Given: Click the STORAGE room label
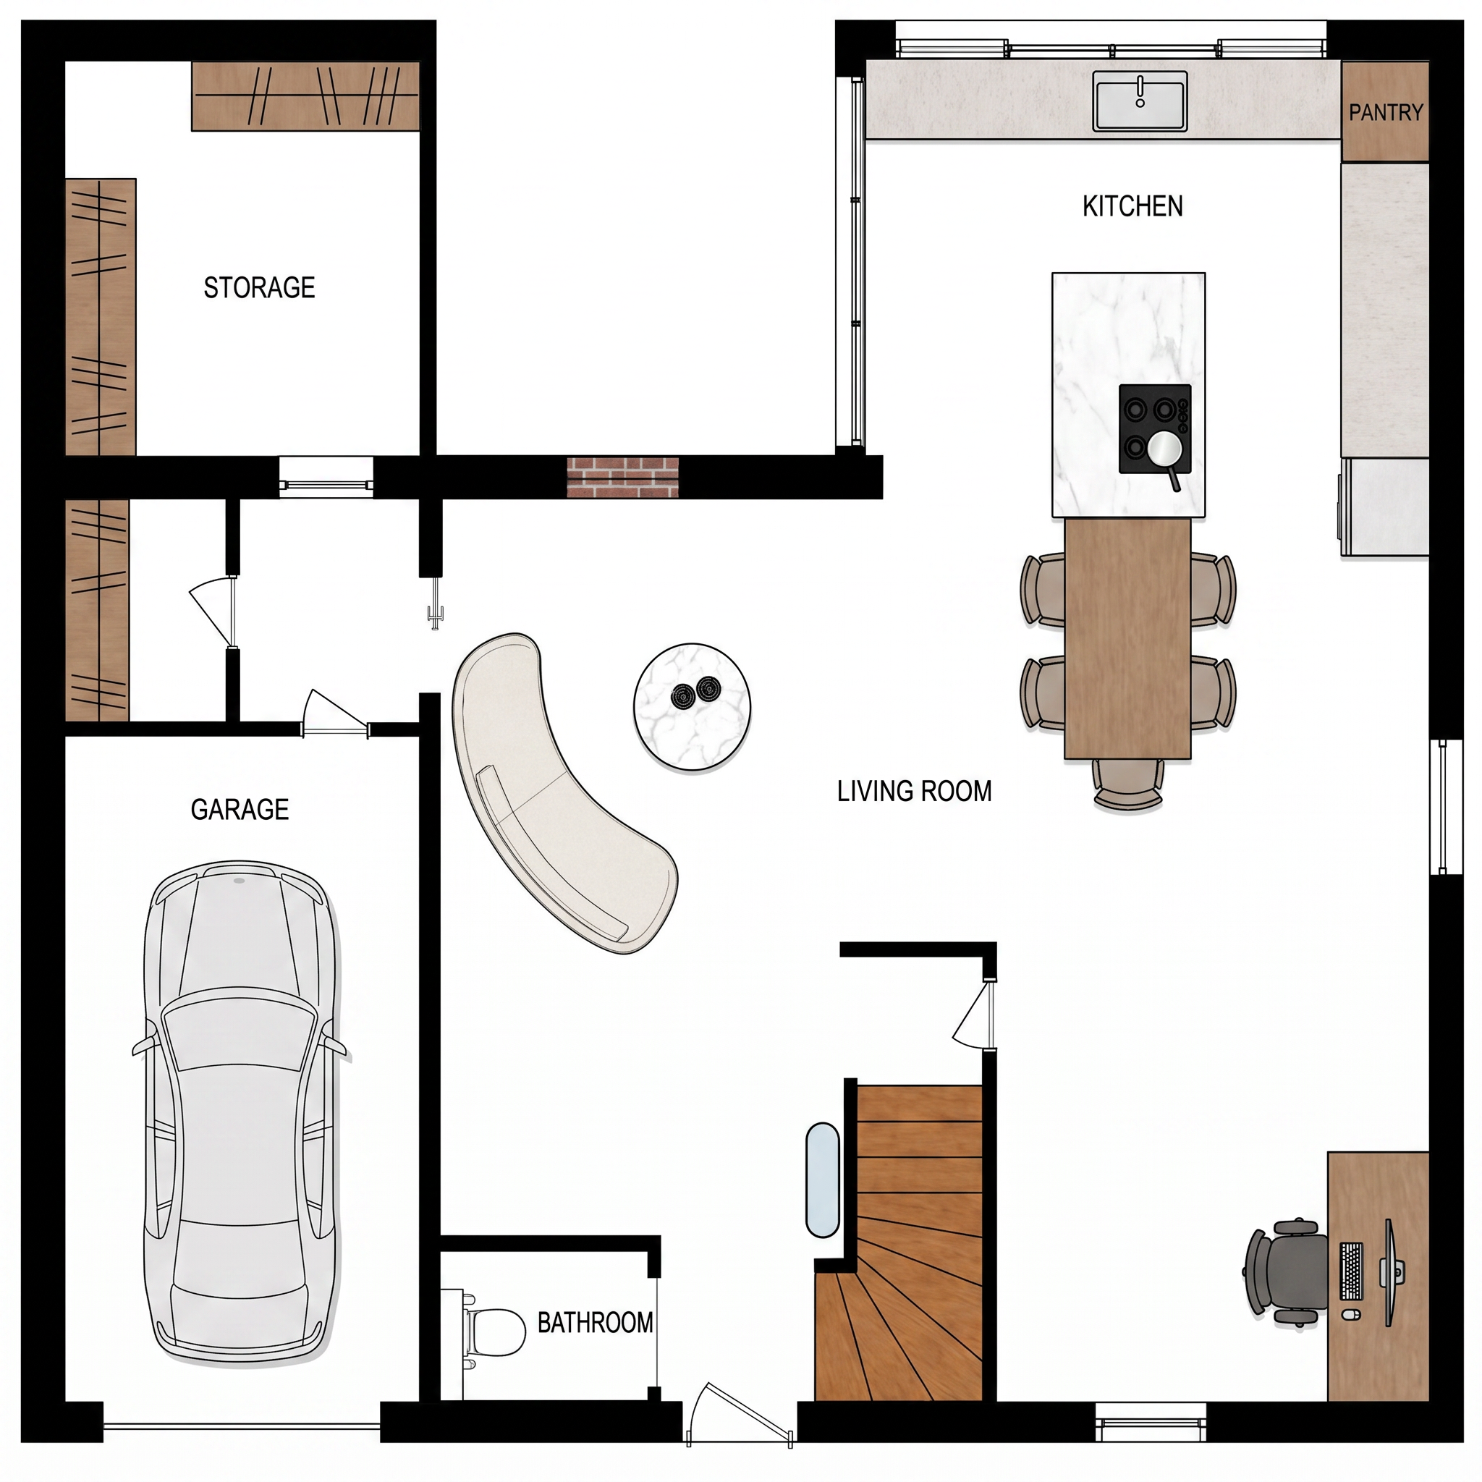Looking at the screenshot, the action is pos(259,288).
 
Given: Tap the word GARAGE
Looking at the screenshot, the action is pos(240,809).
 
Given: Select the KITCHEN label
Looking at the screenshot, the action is pos(1133,206).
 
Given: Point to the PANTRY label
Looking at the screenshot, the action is pos(1385,113).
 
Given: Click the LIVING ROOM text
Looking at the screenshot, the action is pos(915,791).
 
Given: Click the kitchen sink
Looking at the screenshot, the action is pos(1140,101).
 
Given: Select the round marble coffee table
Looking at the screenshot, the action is pos(692,707).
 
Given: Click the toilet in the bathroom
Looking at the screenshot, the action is pos(491,1332).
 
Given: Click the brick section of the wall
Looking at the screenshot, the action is pos(623,477).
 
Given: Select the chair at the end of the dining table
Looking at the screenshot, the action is pos(1127,783).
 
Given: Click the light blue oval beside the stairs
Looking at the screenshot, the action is pos(822,1180).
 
